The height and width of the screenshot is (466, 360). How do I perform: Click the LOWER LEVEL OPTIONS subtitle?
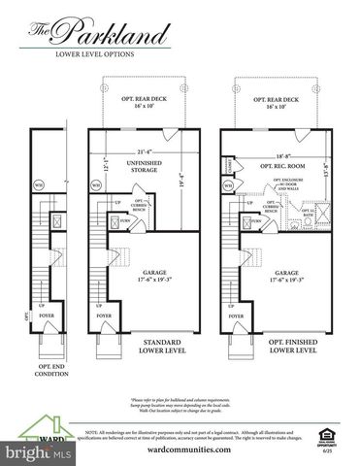[x=94, y=55]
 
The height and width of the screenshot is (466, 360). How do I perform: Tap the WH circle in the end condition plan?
[x=38, y=183]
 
